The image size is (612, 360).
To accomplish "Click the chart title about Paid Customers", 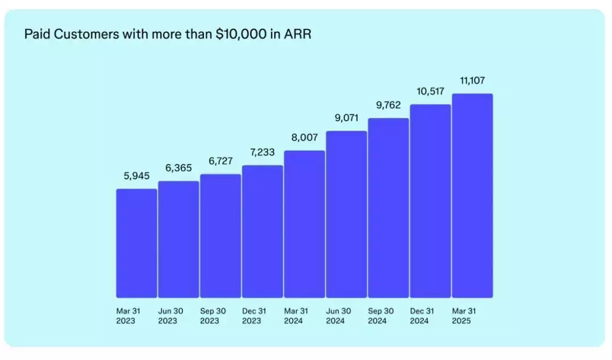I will click(168, 35).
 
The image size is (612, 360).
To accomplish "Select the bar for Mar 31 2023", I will click(137, 243).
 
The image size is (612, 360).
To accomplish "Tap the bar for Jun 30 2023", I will click(178, 239).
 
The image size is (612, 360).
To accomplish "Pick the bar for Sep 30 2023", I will click(220, 236).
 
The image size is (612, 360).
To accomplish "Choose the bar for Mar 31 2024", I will click(304, 224).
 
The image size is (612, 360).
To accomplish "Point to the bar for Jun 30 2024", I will click(346, 214).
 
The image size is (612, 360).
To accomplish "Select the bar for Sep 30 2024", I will click(388, 208).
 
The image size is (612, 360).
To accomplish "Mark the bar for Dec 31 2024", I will click(430, 201).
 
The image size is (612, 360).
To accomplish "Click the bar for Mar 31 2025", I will click(472, 196).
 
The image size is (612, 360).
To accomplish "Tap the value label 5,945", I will click(137, 176).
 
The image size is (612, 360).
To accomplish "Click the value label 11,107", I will click(472, 81).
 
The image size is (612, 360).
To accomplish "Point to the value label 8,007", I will click(304, 137).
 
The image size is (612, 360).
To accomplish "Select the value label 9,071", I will click(346, 118).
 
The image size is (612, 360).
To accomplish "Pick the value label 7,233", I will click(262, 153).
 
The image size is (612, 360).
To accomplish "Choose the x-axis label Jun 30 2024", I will click(338, 316).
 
